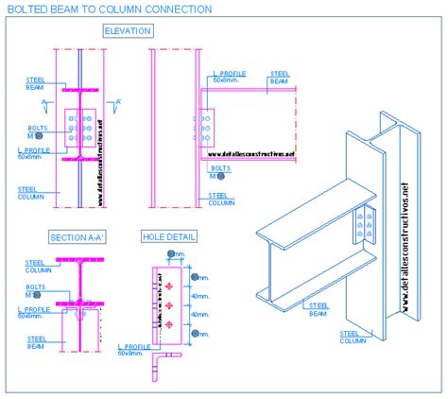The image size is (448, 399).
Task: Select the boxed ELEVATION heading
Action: pyautogui.click(x=127, y=31)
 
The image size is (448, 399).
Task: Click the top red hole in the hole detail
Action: pyautogui.click(x=169, y=284)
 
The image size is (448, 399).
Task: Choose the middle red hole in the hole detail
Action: pyautogui.click(x=169, y=304)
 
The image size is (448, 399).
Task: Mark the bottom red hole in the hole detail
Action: pyautogui.click(x=169, y=325)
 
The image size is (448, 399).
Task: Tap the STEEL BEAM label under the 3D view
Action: pyautogui.click(x=319, y=308)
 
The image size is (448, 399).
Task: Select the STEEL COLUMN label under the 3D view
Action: pyautogui.click(x=351, y=337)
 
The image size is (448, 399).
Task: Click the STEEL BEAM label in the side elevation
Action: pyautogui.click(x=280, y=78)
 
